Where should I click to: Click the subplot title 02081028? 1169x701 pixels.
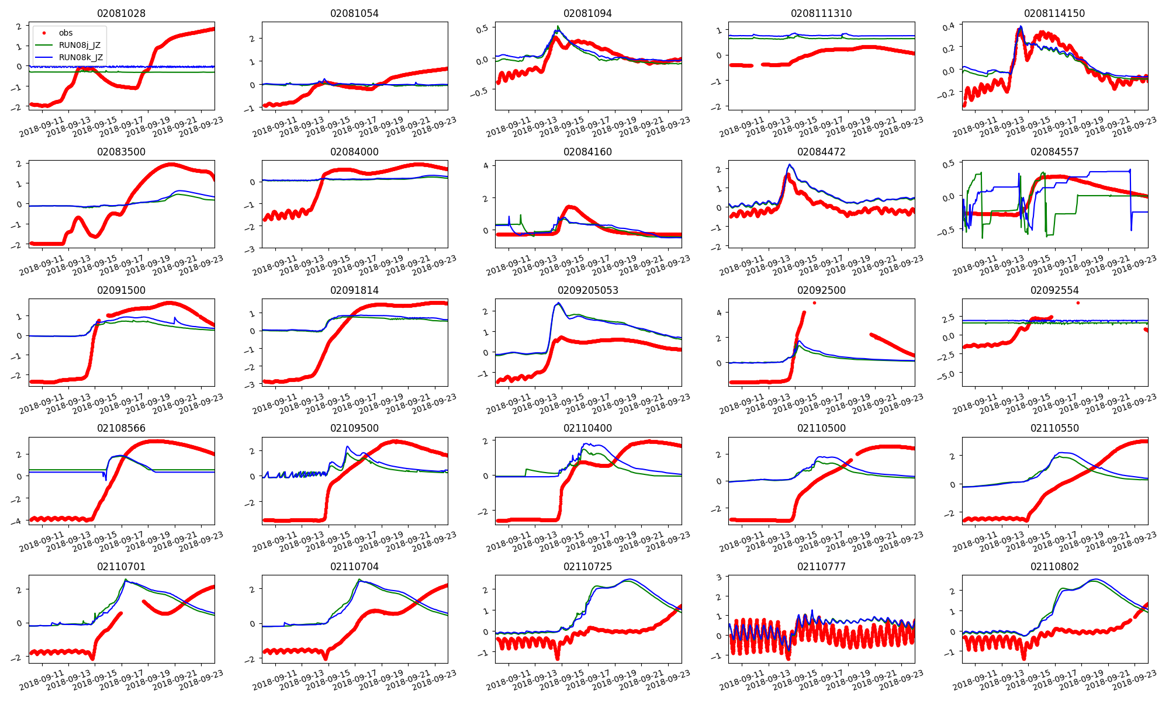pyautogui.click(x=121, y=13)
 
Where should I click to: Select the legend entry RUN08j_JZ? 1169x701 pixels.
pyautogui.click(x=79, y=45)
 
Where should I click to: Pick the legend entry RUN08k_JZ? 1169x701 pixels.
pyautogui.click(x=81, y=57)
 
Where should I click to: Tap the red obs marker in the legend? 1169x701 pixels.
pyautogui.click(x=44, y=33)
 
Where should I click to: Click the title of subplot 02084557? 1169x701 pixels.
pyautogui.click(x=1054, y=152)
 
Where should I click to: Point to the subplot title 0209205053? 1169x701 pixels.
pyautogui.click(x=587, y=290)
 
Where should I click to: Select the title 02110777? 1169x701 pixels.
pyautogui.click(x=821, y=567)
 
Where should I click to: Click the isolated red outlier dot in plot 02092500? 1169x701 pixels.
pyautogui.click(x=814, y=303)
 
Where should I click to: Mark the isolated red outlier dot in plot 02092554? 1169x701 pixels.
pyautogui.click(x=1078, y=303)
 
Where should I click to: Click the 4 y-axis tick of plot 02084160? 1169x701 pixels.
pyautogui.click(x=485, y=165)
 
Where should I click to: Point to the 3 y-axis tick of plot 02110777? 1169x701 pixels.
pyautogui.click(x=718, y=577)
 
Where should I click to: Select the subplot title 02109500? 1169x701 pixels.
pyautogui.click(x=354, y=428)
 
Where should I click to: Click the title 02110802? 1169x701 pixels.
pyautogui.click(x=1054, y=567)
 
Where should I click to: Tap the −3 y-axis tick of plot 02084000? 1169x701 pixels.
pyautogui.click(x=251, y=249)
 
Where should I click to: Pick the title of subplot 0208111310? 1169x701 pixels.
pyautogui.click(x=821, y=13)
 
